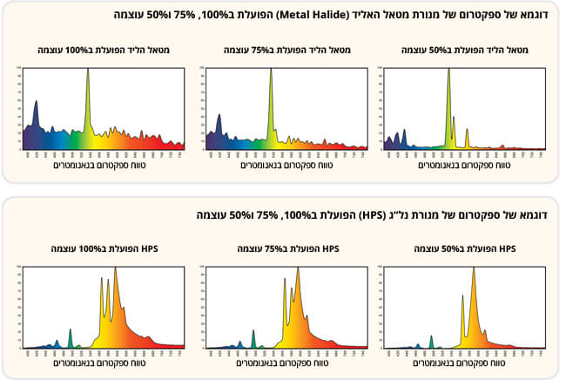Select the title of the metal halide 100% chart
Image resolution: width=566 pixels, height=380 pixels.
(x=104, y=51)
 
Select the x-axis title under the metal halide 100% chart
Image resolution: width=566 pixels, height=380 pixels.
(x=104, y=165)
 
